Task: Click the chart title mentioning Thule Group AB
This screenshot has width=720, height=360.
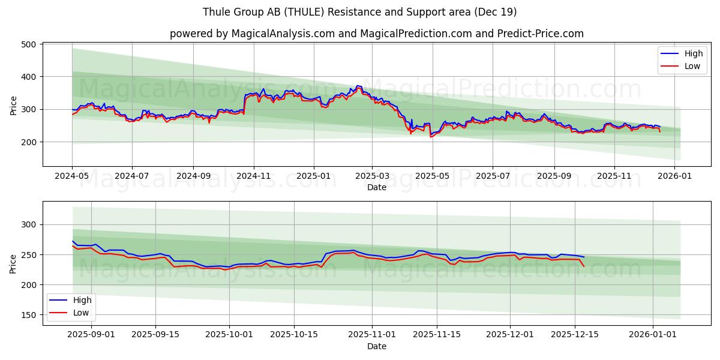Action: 359,12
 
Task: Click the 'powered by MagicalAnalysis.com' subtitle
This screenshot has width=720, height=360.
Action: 376,34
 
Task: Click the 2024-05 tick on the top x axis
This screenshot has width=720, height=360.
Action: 72,177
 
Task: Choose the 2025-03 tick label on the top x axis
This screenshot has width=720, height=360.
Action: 372,177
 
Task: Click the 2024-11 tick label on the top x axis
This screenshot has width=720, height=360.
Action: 253,177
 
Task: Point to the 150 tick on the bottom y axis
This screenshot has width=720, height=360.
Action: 29,315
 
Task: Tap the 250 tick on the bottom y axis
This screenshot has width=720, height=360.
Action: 29,255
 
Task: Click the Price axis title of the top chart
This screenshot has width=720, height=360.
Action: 14,104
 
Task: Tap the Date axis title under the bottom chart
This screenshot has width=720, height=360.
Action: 376,346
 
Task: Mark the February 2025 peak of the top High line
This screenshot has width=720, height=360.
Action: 358,86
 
